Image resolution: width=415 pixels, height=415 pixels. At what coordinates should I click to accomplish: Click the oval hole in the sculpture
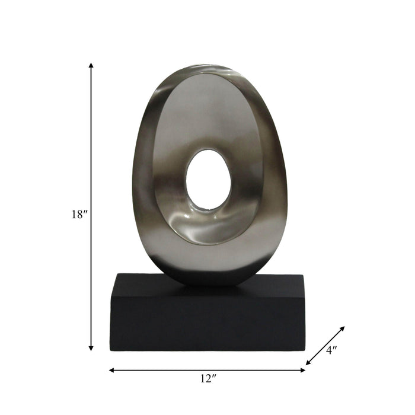208,180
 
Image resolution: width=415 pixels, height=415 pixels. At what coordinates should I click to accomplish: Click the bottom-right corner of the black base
304,350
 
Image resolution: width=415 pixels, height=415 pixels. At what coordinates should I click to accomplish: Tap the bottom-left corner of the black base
111,350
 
